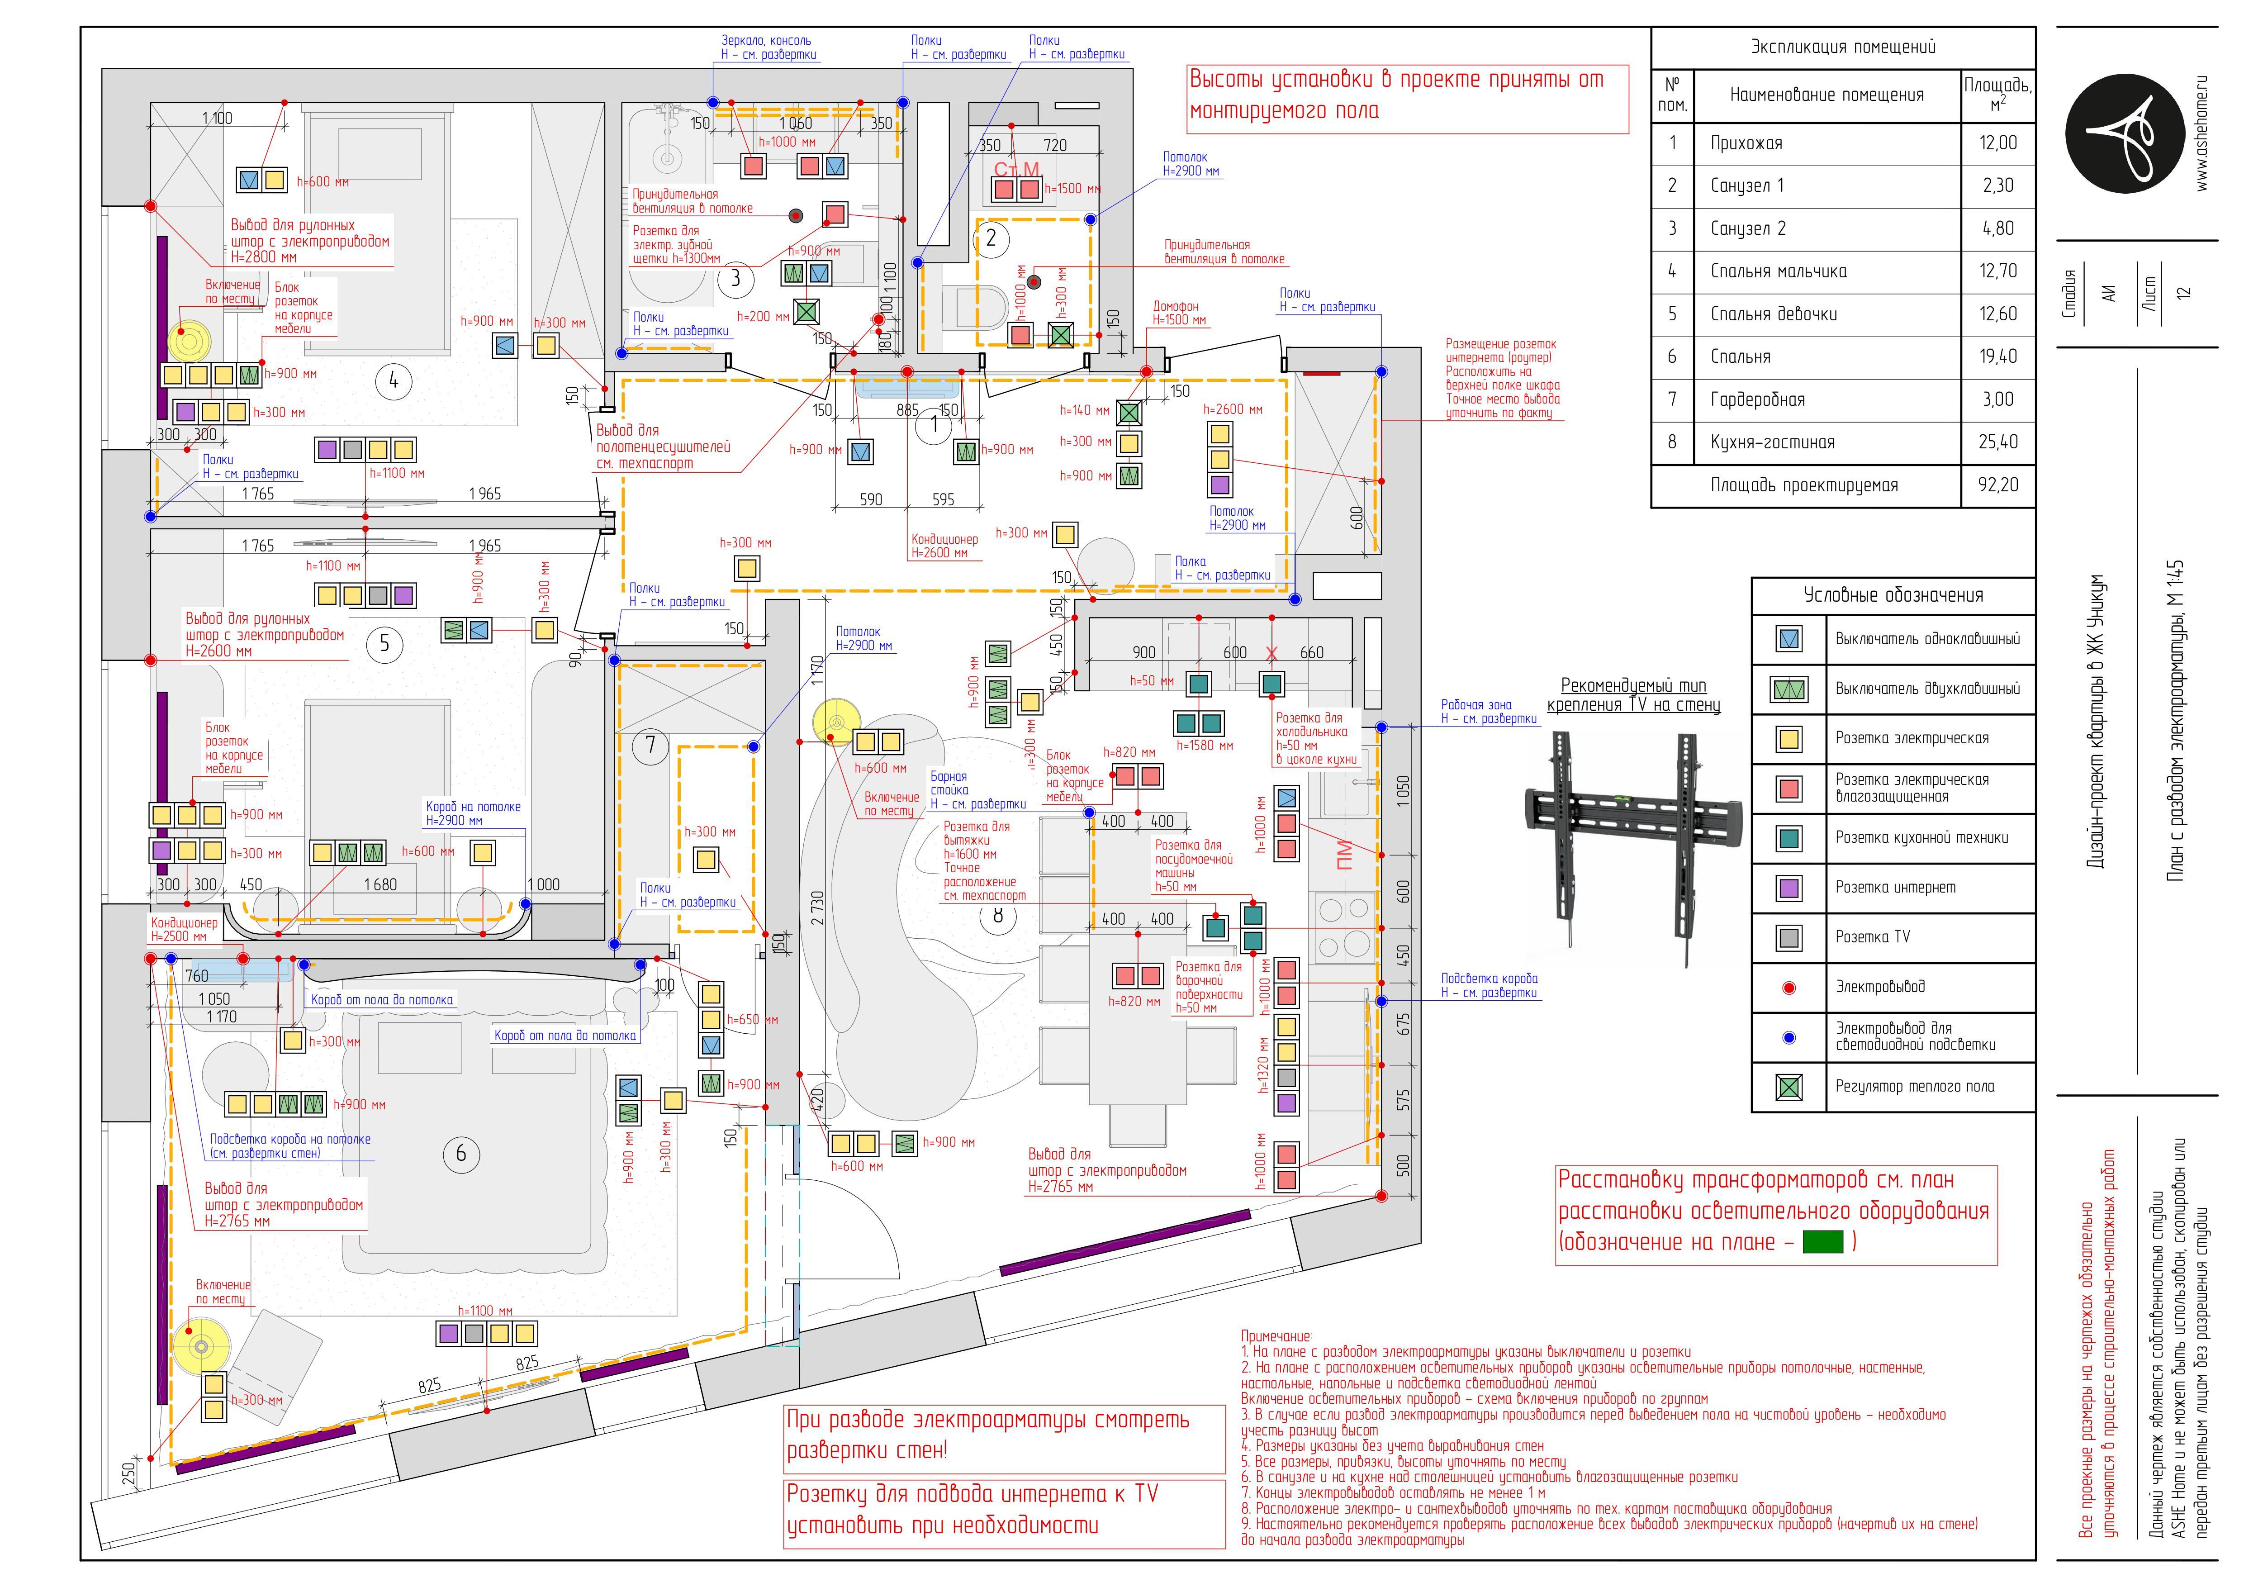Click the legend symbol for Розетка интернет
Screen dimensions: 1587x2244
1789,889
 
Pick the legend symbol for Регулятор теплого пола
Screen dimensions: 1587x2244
1789,1087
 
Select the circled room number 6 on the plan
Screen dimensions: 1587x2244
461,1154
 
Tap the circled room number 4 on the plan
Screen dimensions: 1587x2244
394,381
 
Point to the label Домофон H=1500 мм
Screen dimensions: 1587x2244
1179,313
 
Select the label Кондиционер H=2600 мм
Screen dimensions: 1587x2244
944,545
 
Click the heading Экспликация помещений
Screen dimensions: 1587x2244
1842,47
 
